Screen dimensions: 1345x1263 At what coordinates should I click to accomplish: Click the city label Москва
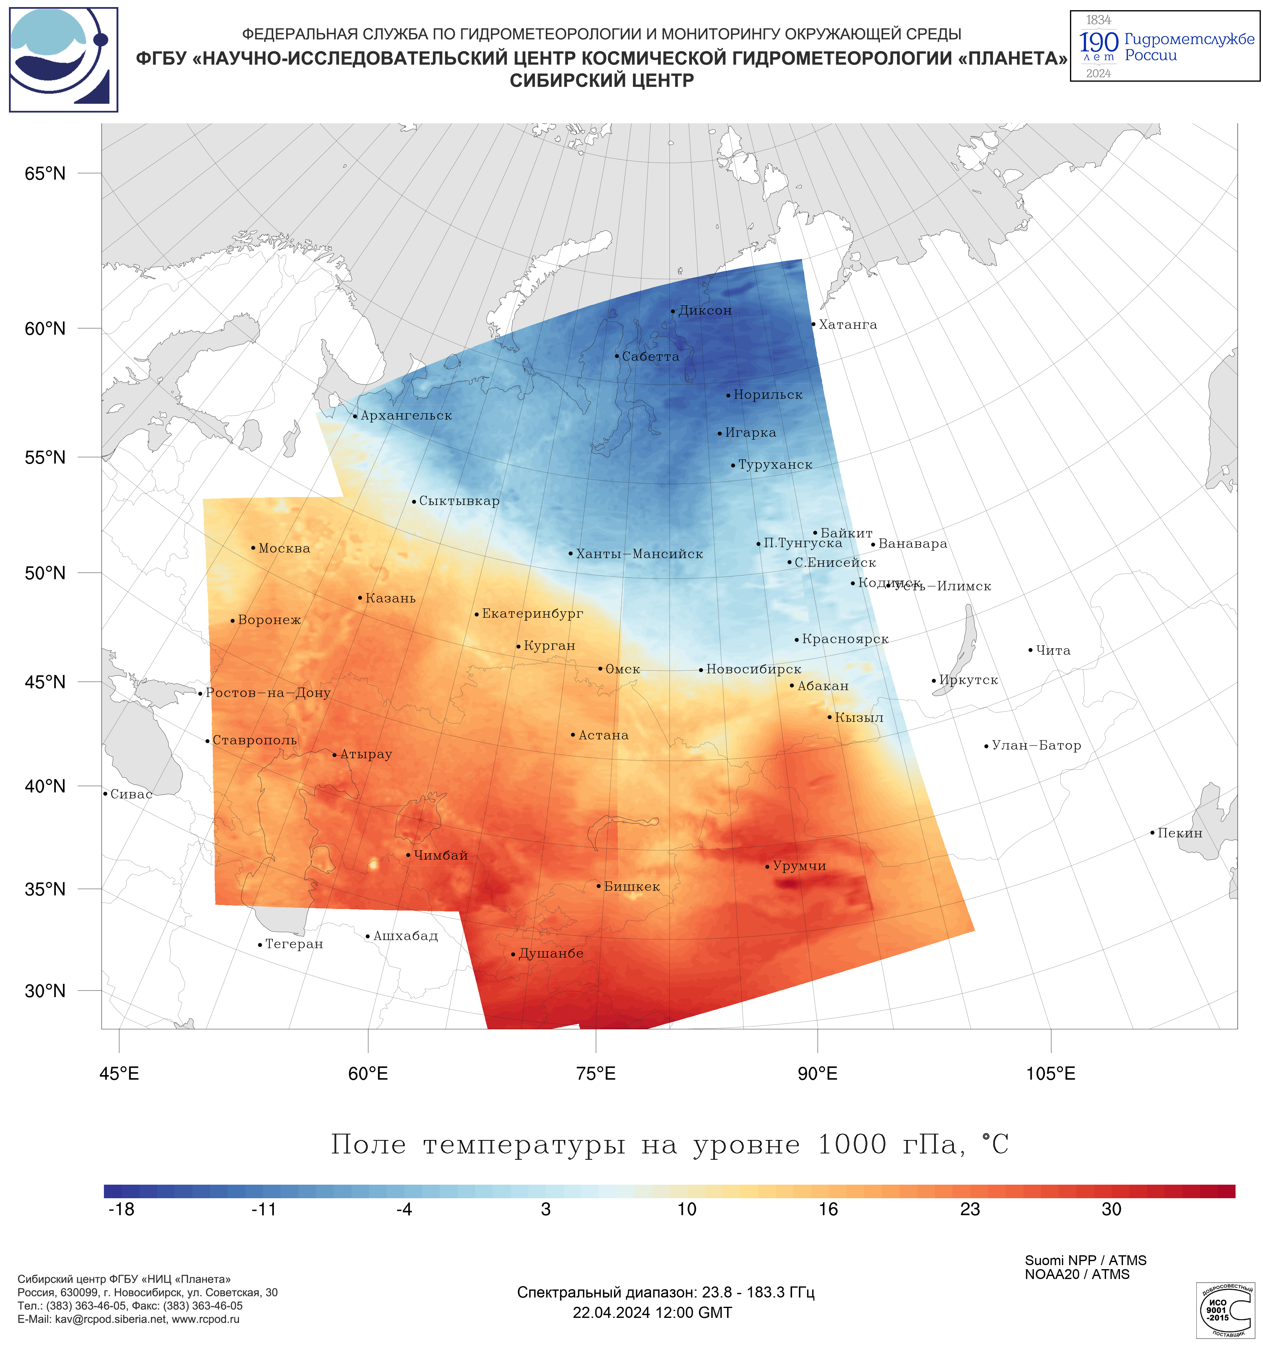point(284,549)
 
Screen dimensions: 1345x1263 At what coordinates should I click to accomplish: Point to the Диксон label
point(705,311)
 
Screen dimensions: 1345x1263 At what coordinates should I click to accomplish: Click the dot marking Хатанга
point(813,324)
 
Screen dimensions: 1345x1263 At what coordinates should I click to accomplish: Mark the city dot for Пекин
point(1152,833)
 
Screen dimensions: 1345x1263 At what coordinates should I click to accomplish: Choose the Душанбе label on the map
point(551,954)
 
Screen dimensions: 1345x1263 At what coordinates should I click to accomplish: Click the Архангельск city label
point(406,416)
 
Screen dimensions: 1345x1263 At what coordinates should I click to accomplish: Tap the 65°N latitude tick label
point(45,174)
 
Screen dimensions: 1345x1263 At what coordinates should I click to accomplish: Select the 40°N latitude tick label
point(45,786)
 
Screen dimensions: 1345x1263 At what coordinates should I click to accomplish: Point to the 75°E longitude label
point(596,1074)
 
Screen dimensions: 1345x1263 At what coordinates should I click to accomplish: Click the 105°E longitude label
point(1050,1074)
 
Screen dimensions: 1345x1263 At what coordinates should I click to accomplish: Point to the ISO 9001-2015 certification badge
point(1225,1310)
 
